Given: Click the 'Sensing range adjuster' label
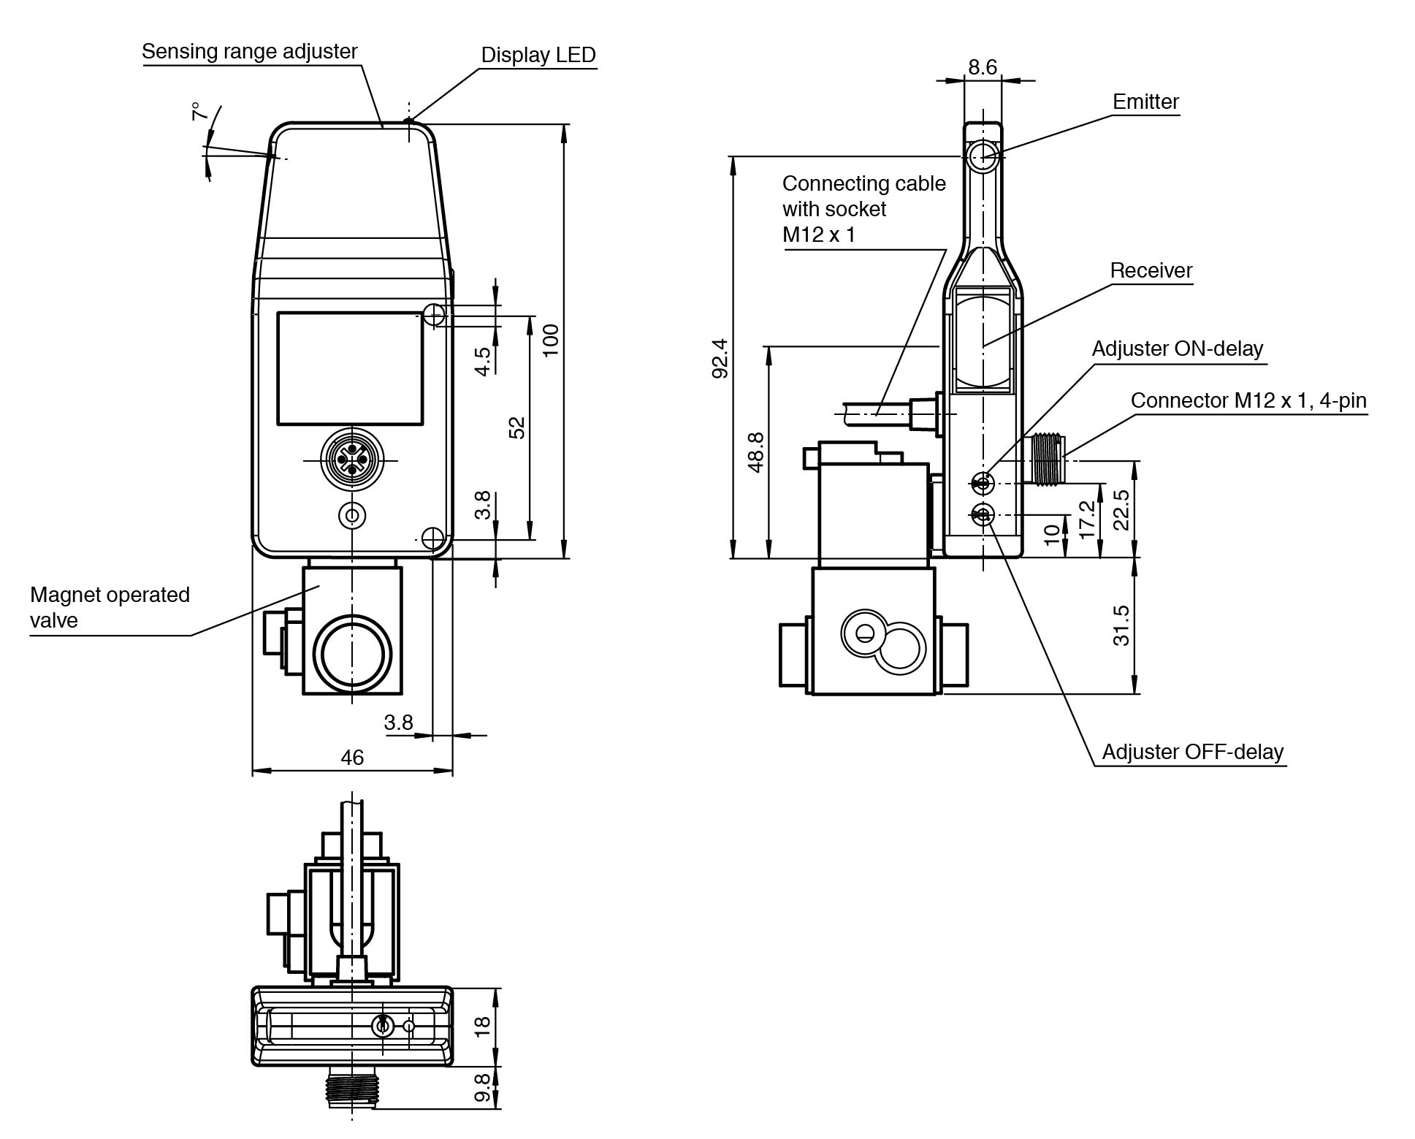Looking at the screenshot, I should (249, 51).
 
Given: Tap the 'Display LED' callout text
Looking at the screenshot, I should (538, 55).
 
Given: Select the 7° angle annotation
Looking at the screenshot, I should (197, 113).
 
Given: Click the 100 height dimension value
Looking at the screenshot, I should (551, 340).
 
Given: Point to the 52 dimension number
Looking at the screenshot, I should (516, 427).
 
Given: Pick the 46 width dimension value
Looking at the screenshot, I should (352, 757).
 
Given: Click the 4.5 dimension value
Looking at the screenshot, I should (483, 361).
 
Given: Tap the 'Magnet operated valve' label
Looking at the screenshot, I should (110, 607).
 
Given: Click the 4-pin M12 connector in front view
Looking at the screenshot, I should (352, 460).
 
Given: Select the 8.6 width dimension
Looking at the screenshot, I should (982, 67).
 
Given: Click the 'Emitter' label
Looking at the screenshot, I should (1145, 102).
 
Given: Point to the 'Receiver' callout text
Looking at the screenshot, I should (1151, 270).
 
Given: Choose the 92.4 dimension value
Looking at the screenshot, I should (720, 358).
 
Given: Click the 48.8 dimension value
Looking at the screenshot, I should (756, 452).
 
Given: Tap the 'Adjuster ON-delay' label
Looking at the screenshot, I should (1177, 348).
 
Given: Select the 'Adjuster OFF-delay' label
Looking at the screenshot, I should (1192, 752).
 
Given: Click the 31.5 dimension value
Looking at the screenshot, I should (1121, 625).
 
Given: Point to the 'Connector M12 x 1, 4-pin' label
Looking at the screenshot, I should (1248, 400).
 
